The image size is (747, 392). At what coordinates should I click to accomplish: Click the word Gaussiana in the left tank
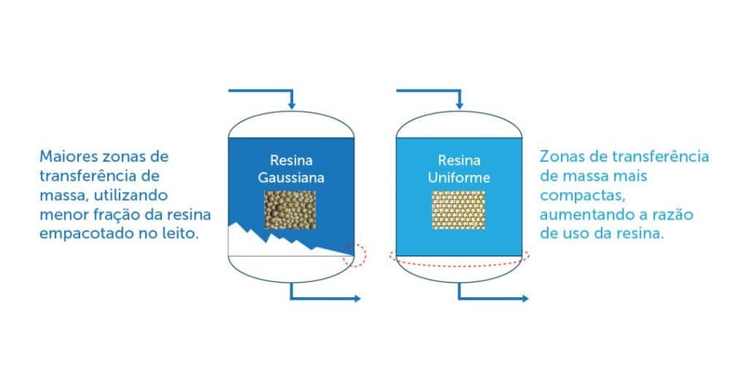pyautogui.click(x=291, y=178)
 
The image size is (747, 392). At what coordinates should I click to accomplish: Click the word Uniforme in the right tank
pyautogui.click(x=459, y=178)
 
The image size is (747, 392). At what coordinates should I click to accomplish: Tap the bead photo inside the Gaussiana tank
pyautogui.click(x=290, y=210)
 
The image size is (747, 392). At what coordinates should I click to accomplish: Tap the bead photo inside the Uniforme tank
pyautogui.click(x=458, y=210)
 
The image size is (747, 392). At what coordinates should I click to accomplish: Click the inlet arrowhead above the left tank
pyautogui.click(x=292, y=105)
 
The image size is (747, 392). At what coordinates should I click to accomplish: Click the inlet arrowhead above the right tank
pyautogui.click(x=460, y=105)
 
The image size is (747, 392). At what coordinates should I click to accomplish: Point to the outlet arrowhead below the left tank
pyautogui.click(x=357, y=299)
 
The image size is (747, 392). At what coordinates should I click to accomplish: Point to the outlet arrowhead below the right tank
pyautogui.click(x=525, y=299)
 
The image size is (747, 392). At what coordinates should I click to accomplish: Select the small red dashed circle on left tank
pyautogui.click(x=355, y=256)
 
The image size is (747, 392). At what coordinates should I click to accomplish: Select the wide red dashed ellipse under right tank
pyautogui.click(x=460, y=257)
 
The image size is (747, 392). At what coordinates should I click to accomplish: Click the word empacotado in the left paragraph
pyautogui.click(x=86, y=234)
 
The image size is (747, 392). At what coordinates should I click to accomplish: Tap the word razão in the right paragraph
pyautogui.click(x=674, y=214)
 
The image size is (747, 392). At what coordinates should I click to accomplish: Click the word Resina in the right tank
pyautogui.click(x=460, y=160)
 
